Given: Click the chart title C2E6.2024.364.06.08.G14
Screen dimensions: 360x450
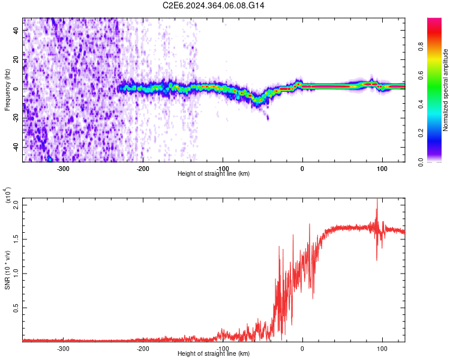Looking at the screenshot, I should [x=214, y=5].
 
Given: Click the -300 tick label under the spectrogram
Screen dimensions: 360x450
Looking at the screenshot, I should [x=63, y=168].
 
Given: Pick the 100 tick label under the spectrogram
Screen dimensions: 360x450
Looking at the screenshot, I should [x=382, y=168].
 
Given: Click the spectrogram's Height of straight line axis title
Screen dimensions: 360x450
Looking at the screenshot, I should [x=214, y=174].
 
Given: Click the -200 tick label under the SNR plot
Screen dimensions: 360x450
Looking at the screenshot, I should [x=143, y=348].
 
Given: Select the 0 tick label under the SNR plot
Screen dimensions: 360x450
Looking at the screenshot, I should [x=302, y=348].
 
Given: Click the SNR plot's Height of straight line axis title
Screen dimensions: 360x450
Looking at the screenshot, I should [x=214, y=354].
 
